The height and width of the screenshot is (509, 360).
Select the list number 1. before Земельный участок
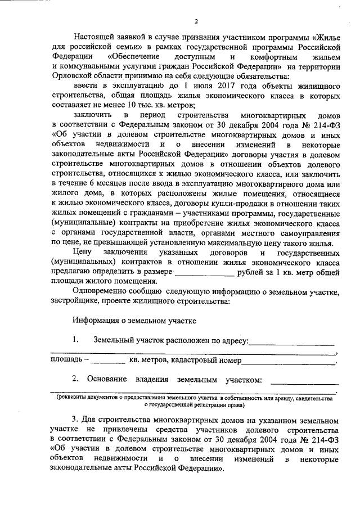click(x=75, y=340)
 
